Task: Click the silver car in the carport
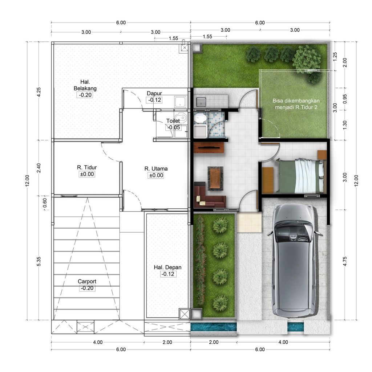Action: click(x=294, y=259)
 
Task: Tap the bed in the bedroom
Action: click(x=300, y=176)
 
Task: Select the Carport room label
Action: click(x=87, y=281)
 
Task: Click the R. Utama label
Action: click(x=156, y=168)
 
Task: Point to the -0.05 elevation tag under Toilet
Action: click(x=173, y=127)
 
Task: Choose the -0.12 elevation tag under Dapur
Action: click(x=154, y=100)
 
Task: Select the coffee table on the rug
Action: click(x=215, y=178)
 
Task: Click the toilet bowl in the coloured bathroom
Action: click(x=199, y=118)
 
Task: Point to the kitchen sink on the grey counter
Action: click(x=201, y=101)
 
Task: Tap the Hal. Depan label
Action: click(x=167, y=267)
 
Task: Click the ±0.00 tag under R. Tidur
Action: click(x=86, y=174)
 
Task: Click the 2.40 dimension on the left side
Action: click(x=39, y=168)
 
